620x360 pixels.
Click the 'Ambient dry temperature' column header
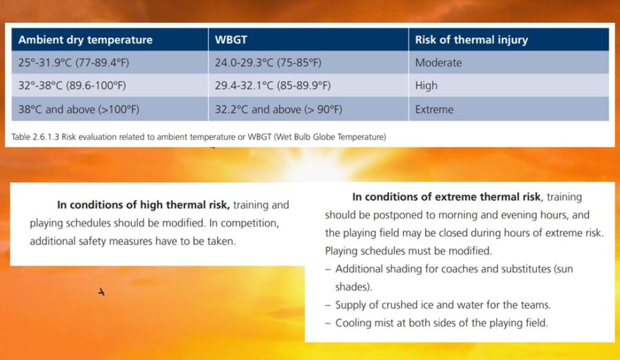tap(85, 40)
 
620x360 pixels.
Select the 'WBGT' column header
tap(231, 40)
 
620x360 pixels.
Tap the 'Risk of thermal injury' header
tap(471, 40)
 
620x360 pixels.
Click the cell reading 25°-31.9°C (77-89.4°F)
tap(74, 63)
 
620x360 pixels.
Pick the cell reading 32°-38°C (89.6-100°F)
tap(72, 86)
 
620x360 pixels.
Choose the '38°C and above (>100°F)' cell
tap(79, 109)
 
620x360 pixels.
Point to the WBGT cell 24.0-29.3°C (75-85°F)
tap(268, 63)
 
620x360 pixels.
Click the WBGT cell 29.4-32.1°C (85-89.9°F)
tap(273, 86)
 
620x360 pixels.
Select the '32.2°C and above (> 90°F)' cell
tap(278, 109)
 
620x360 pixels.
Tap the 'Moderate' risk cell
tap(438, 63)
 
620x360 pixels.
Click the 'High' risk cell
tap(426, 86)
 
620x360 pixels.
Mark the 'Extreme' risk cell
tap(434, 109)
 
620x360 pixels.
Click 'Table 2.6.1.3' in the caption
tap(35, 137)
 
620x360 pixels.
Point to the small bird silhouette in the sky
tap(102, 293)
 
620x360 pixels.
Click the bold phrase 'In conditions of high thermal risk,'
tap(143, 205)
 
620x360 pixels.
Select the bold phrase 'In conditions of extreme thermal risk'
tap(446, 197)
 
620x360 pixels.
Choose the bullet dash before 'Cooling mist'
tap(328, 324)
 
